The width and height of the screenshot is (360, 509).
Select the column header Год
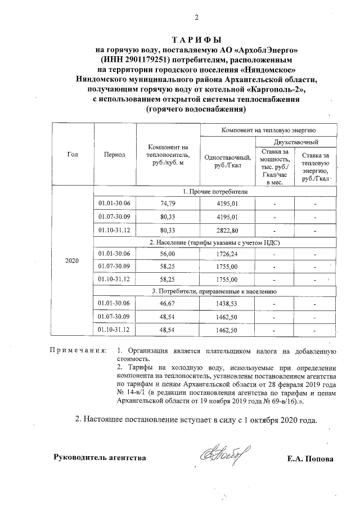[73, 154]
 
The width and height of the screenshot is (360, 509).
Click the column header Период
[114, 154]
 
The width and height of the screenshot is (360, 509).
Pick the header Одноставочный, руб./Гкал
[223, 161]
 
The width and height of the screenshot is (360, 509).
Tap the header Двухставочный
[296, 141]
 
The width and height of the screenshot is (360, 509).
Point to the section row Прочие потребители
[214, 191]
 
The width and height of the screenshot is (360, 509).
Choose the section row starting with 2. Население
[214, 243]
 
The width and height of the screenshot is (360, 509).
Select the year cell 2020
[73, 261]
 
